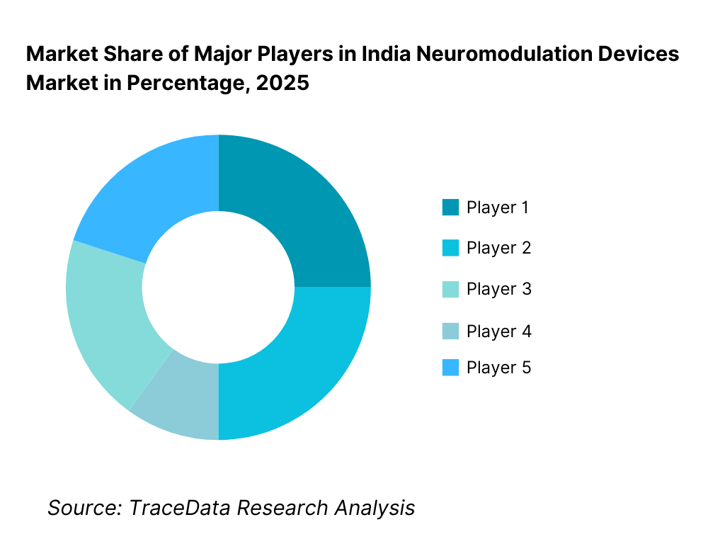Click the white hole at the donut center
[x=218, y=287]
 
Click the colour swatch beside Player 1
[x=450, y=208]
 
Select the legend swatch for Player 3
[x=450, y=289]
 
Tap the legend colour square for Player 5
[x=450, y=368]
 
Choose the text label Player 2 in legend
[x=498, y=248]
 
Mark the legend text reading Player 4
[x=498, y=331]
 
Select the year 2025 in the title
[x=282, y=83]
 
